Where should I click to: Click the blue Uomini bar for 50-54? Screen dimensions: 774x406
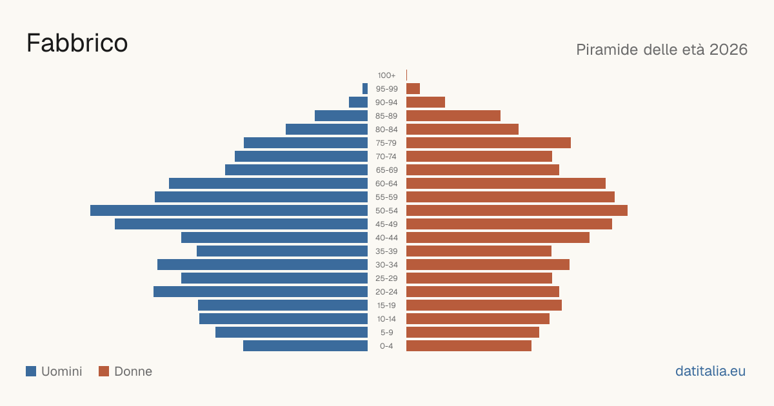[x=229, y=211]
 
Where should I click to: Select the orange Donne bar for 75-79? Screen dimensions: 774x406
[x=488, y=143]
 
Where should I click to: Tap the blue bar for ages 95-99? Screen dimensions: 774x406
[x=365, y=89]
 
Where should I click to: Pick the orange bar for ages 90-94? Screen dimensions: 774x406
[x=425, y=102]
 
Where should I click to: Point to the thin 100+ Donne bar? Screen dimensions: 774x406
[x=407, y=75]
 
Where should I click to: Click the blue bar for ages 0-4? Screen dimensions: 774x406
[x=306, y=346]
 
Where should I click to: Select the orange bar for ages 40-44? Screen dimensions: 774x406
[x=498, y=238]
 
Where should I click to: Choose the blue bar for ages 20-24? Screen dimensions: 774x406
[x=261, y=292]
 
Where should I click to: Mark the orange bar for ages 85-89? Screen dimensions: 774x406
[x=453, y=115]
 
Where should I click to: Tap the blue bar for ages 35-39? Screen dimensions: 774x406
[x=282, y=251]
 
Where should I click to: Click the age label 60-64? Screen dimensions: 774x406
[x=386, y=184]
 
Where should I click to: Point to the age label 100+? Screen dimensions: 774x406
[x=386, y=75]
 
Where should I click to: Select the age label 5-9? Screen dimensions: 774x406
[x=386, y=333]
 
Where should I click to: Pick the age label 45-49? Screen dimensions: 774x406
[x=386, y=224]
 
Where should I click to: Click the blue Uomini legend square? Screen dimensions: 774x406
[x=31, y=371]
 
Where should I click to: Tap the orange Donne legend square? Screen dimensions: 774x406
[x=104, y=371]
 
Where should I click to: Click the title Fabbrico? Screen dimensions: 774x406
[x=77, y=43]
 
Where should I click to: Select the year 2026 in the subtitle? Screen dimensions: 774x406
[x=728, y=50]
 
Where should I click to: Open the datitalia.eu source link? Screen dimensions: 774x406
[x=710, y=371]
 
